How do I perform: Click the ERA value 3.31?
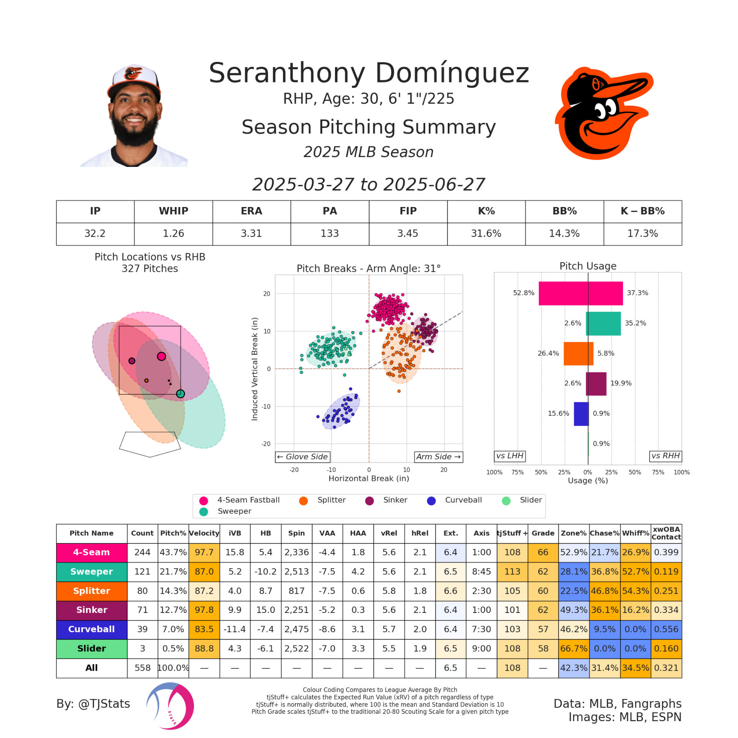(x=251, y=234)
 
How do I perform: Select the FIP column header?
(x=408, y=211)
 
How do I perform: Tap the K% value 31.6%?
(x=486, y=234)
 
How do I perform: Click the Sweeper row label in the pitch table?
(x=91, y=572)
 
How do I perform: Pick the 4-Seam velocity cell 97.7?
(x=204, y=552)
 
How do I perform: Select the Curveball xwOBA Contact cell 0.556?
(x=666, y=629)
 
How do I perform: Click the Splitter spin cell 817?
(x=296, y=591)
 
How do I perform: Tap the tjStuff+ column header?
(x=512, y=533)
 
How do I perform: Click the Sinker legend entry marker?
(x=369, y=501)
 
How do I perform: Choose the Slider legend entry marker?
(x=506, y=501)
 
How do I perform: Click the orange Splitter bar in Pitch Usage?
(x=578, y=353)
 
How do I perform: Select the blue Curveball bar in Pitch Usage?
(x=581, y=414)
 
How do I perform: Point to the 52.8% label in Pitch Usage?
(x=524, y=293)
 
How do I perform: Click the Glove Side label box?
(x=303, y=457)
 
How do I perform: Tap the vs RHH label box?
(x=665, y=456)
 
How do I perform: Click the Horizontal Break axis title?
(x=369, y=478)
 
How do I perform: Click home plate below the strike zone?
(x=150, y=444)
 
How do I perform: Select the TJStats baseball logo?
(x=170, y=706)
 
